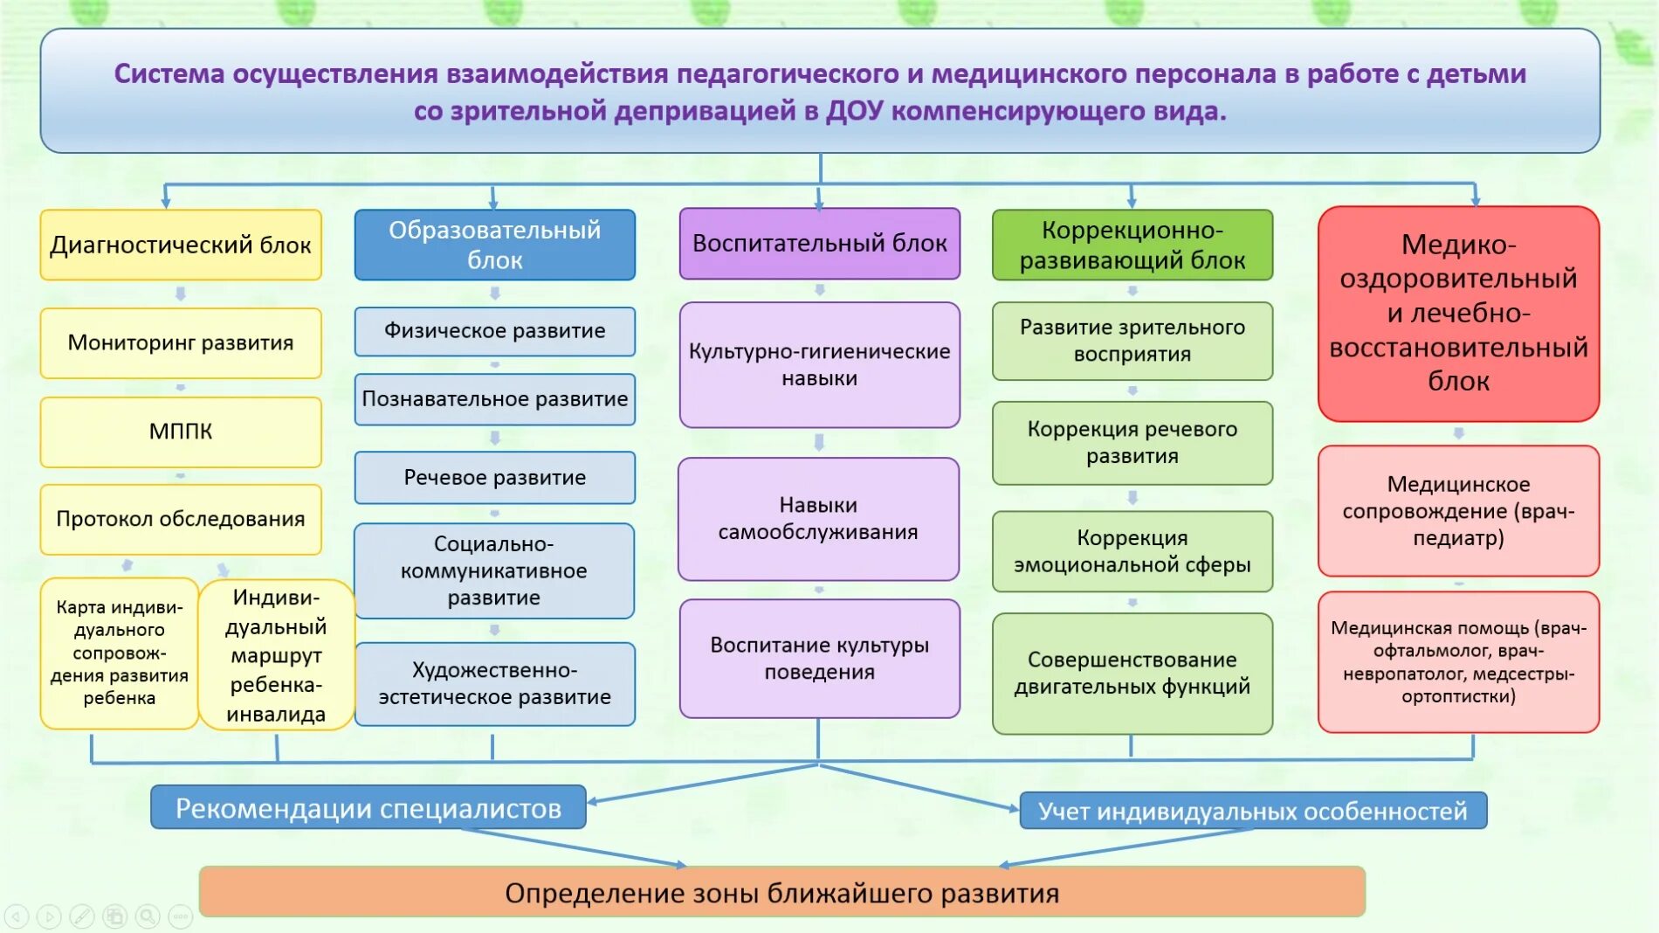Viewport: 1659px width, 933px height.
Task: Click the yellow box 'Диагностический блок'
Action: coord(181,245)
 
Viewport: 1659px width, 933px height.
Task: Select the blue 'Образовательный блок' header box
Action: coord(494,245)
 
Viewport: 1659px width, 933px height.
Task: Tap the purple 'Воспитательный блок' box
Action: coord(819,244)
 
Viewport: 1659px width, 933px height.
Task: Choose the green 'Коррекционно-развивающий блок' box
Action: coord(1132,245)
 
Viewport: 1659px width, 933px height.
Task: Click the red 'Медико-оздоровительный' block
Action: coord(1458,314)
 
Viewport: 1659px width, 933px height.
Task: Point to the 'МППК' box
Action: coord(181,432)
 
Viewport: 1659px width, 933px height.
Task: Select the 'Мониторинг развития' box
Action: coord(181,343)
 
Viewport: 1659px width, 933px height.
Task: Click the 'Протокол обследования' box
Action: coord(181,520)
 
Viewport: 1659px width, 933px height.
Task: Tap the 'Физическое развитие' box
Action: coord(494,331)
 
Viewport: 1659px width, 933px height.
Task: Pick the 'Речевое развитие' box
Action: coord(494,478)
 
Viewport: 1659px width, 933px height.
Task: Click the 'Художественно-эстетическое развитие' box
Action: coord(494,684)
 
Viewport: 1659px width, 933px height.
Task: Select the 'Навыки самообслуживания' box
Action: coord(818,519)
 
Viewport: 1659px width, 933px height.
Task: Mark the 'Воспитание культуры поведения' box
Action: coord(819,659)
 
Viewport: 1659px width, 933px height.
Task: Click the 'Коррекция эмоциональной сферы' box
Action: coord(1132,551)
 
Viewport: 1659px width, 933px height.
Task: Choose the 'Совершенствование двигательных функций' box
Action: coord(1132,674)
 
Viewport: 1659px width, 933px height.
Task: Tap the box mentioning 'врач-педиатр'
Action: coord(1458,511)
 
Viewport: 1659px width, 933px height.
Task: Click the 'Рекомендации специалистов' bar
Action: coord(368,808)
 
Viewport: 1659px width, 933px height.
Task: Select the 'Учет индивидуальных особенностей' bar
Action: coord(1252,812)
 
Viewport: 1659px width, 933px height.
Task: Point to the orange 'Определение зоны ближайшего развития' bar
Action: coord(781,893)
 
